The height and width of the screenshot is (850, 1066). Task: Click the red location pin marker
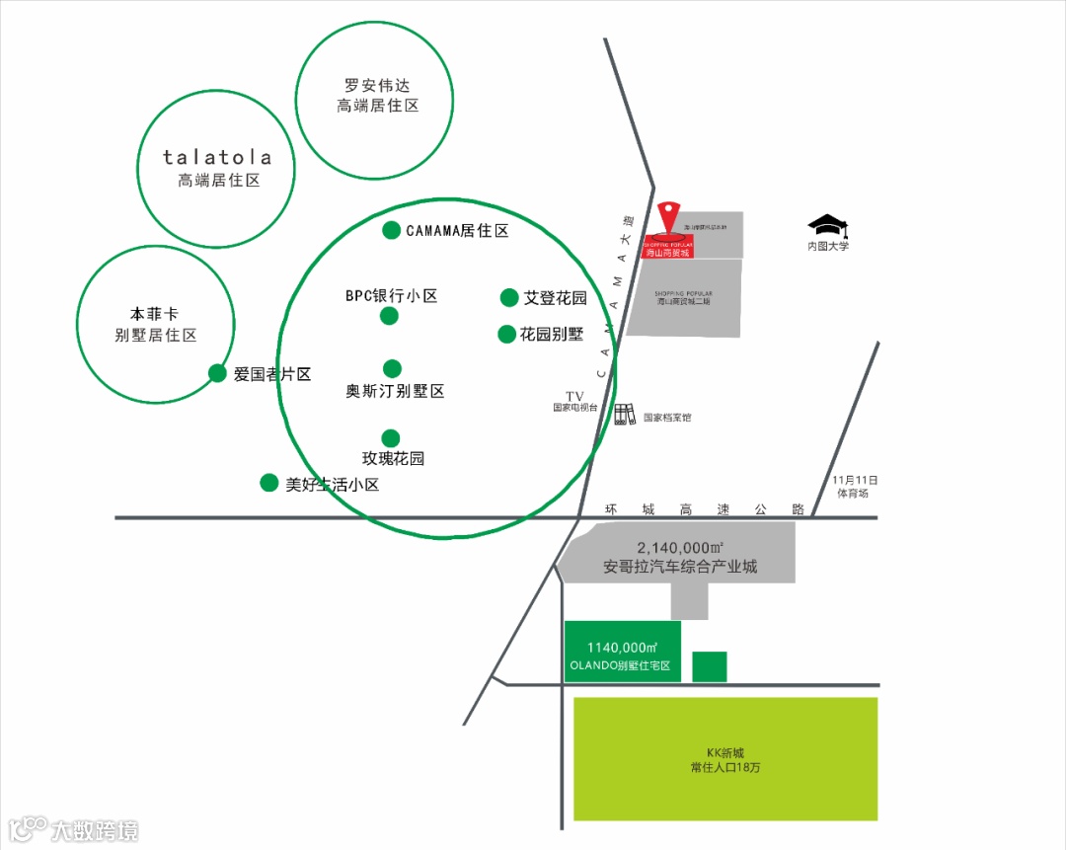coord(670,214)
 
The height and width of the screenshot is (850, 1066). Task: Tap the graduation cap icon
coord(827,226)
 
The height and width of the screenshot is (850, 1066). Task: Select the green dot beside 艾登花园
coord(509,297)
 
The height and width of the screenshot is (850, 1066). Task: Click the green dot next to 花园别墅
coord(507,334)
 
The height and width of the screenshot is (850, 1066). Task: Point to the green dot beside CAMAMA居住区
coord(392,230)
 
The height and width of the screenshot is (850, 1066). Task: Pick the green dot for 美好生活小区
coord(268,483)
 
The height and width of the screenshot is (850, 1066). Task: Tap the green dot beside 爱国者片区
coord(217,373)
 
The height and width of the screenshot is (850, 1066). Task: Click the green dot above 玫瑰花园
coord(391,437)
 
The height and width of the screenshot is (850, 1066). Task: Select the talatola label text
coord(217,158)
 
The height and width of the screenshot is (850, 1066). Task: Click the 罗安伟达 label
coord(374,85)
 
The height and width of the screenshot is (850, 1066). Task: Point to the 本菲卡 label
coord(155,314)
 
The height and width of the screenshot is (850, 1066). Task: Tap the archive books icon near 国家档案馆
coord(625,415)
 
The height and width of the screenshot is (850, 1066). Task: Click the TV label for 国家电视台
coord(575,396)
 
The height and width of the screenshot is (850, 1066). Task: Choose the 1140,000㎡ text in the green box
coord(622,647)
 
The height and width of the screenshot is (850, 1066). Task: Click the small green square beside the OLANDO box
coord(710,666)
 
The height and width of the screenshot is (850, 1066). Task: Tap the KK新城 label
coord(725,752)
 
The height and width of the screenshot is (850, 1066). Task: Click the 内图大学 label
coord(827,246)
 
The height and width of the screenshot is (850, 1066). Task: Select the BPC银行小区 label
coord(391,295)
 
